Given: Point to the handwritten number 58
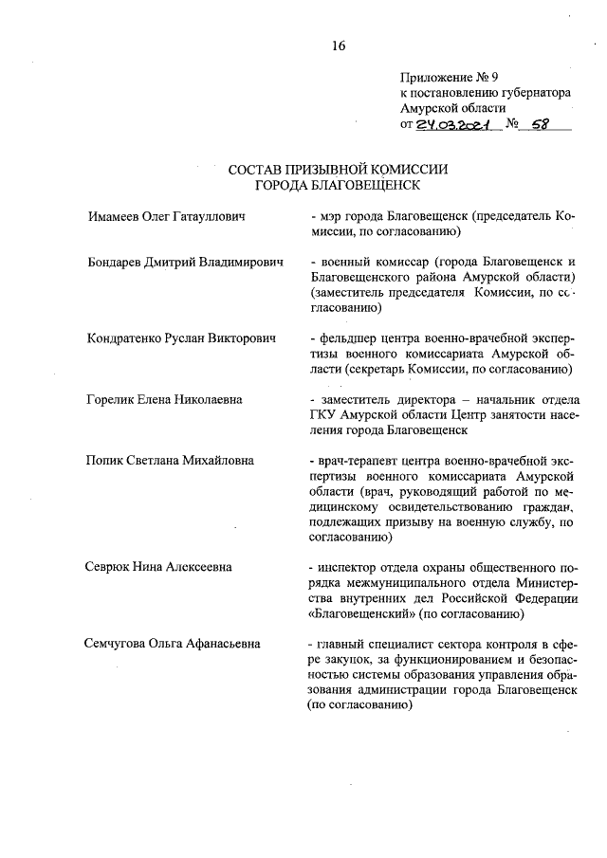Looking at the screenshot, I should (543, 123).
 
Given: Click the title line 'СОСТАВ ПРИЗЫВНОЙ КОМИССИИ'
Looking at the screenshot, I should (338, 169).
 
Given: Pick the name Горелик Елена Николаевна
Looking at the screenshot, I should (163, 399).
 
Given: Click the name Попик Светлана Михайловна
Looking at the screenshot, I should (170, 461).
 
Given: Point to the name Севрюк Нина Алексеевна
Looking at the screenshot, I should (159, 567).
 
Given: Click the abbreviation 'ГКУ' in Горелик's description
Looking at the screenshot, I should (324, 414).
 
